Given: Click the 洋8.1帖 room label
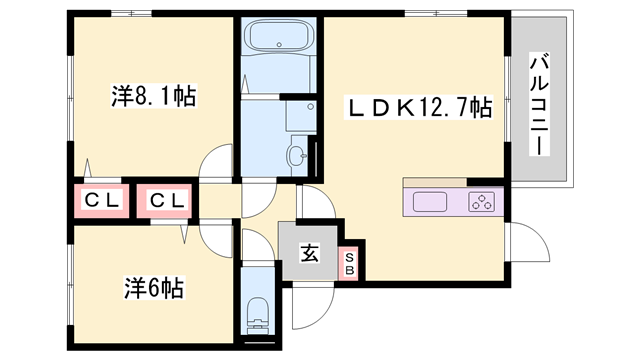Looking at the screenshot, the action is pyautogui.click(x=153, y=96).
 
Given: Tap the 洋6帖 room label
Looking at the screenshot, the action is pyautogui.click(x=154, y=288).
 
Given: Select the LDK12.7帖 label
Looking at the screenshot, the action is pyautogui.click(x=418, y=107).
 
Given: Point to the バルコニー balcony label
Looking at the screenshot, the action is pyautogui.click(x=539, y=104).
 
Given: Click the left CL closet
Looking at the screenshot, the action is pyautogui.click(x=102, y=201).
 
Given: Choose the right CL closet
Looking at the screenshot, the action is pyautogui.click(x=164, y=201).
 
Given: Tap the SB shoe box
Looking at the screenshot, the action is pyautogui.click(x=349, y=264).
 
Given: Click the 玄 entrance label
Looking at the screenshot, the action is pyautogui.click(x=309, y=253).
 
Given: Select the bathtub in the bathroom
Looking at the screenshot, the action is pyautogui.click(x=279, y=37).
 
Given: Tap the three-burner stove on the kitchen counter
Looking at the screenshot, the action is pyautogui.click(x=481, y=202).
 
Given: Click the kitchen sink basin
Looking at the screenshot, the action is pyautogui.click(x=429, y=202).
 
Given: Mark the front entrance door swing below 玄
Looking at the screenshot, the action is pyautogui.click(x=313, y=305).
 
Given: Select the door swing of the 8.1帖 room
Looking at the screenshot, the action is pyautogui.click(x=216, y=162).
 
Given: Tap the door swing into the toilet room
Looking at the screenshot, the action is pyautogui.click(x=258, y=245).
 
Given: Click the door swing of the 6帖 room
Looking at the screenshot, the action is pyautogui.click(x=216, y=239).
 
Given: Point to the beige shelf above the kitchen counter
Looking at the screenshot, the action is pyautogui.click(x=435, y=182).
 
